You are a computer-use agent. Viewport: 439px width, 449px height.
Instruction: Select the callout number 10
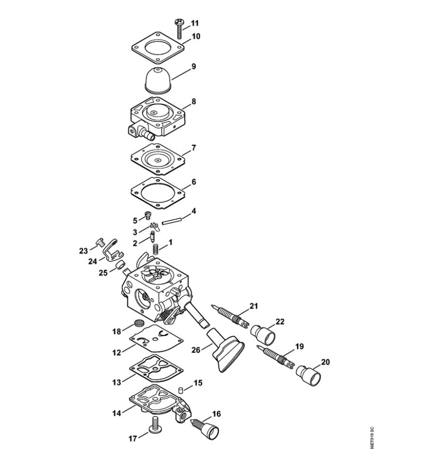point(196,36)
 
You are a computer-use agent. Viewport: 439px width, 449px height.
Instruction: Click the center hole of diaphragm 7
point(156,160)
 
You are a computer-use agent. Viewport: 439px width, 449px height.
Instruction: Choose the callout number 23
point(84,251)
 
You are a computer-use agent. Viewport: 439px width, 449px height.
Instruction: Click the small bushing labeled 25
point(119,266)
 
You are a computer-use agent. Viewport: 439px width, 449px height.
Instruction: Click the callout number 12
point(117,352)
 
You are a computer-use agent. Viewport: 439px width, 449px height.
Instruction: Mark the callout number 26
point(196,351)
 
